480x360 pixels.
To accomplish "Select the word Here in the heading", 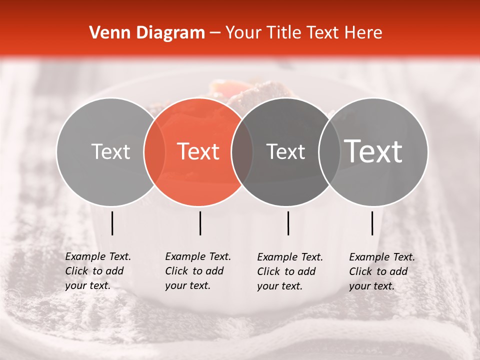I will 363,33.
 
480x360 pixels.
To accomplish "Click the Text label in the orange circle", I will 198,151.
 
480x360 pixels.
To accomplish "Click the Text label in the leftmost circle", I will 111,151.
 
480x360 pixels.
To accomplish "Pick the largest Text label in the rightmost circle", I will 373,151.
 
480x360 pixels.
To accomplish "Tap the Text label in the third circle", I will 286,151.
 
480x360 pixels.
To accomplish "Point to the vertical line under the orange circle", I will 200,223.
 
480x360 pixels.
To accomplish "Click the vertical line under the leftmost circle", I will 112,223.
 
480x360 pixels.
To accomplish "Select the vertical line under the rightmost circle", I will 372,223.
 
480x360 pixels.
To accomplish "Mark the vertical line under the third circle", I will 288,223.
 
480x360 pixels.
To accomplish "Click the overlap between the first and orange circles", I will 154,151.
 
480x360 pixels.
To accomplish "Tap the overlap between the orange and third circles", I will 242,151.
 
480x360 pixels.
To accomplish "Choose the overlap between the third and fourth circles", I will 329,151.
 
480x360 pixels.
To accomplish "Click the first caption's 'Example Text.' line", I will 98,256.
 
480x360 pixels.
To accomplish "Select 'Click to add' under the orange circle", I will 194,271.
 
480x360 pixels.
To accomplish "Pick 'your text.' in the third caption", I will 280,286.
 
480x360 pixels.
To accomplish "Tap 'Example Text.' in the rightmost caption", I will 382,257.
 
